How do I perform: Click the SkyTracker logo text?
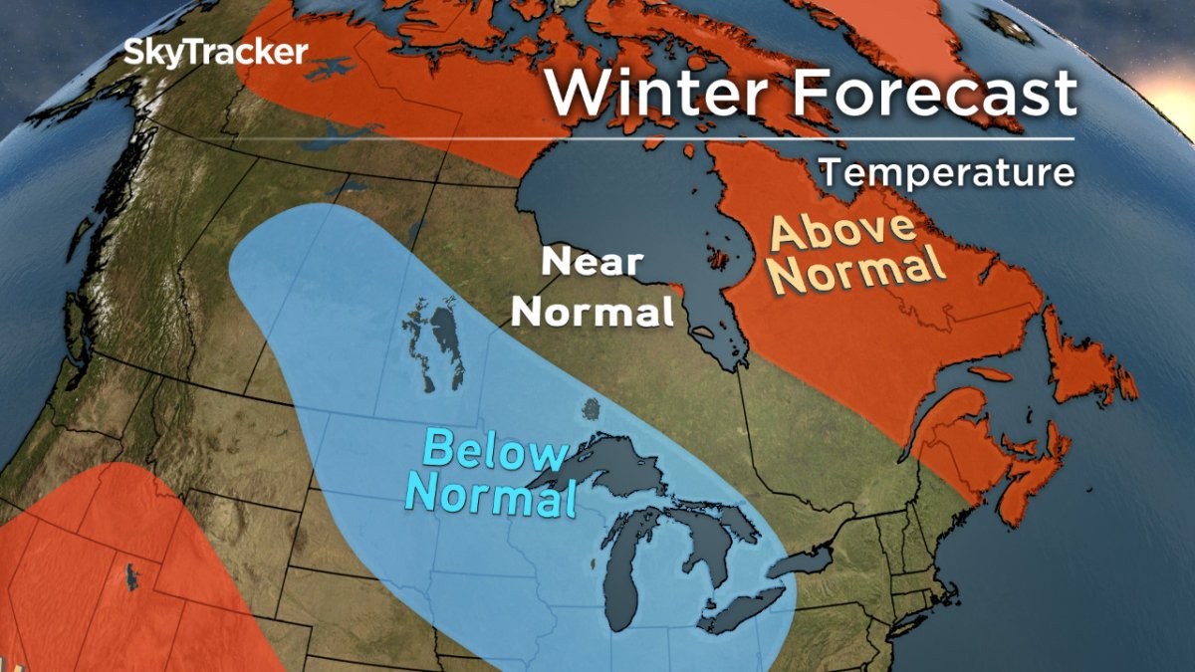point(216,52)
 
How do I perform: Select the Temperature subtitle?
point(947,172)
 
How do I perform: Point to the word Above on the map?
point(843,234)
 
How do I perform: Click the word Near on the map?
point(592,263)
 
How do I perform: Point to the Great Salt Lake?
point(131,574)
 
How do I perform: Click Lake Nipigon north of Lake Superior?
point(592,409)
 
